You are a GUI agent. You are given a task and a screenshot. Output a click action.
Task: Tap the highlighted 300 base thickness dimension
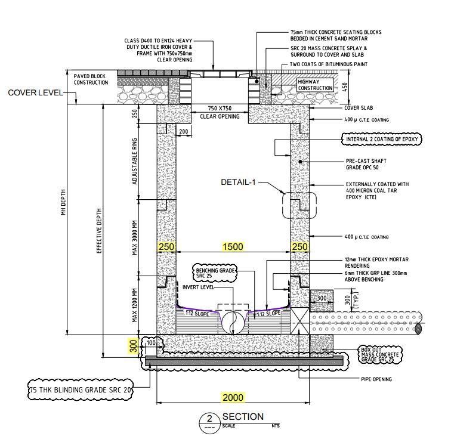[132, 345]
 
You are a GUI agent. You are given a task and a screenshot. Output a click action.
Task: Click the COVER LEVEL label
[33, 93]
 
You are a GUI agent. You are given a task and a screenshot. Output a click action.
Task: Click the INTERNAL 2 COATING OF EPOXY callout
[382, 139]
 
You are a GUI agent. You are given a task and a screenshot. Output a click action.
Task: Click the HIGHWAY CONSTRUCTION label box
[315, 84]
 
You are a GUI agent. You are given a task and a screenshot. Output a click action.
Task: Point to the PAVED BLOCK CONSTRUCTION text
[91, 79]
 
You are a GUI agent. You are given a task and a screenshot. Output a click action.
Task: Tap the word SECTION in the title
[242, 416]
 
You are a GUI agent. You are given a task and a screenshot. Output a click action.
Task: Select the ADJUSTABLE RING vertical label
[135, 160]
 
